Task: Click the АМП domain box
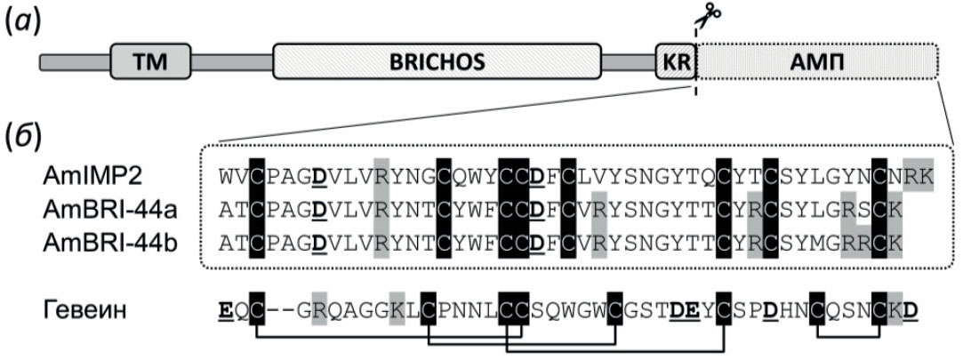click(816, 61)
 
